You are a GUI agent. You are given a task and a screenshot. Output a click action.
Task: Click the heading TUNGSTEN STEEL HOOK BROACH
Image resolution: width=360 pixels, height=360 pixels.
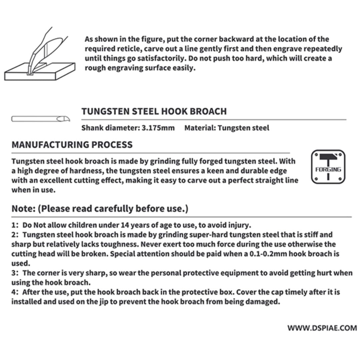[x=154, y=111]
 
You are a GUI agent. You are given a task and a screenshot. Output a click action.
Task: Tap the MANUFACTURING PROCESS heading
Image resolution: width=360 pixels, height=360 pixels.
[x=72, y=145]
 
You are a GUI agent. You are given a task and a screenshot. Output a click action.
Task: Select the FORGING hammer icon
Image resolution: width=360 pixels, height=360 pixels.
[x=328, y=167]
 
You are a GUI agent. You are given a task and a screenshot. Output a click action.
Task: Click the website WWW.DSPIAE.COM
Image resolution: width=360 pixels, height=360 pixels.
[x=322, y=328]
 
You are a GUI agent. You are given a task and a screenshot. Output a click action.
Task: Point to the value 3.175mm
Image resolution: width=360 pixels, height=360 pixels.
[x=159, y=128]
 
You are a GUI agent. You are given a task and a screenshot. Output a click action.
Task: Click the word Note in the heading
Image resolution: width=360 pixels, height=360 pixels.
[x=23, y=209]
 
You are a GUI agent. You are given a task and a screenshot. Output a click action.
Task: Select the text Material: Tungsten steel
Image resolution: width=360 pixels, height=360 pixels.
[x=227, y=128]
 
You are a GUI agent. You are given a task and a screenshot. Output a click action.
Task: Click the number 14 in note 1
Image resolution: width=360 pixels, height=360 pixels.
[x=125, y=225]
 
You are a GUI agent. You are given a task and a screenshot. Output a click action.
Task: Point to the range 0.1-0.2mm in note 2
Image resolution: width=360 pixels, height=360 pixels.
[x=268, y=254]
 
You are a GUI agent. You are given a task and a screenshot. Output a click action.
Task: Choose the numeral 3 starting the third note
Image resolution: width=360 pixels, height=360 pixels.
[x=14, y=273]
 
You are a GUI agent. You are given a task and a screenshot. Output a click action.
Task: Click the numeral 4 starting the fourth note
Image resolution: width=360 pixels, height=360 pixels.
[x=14, y=292]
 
